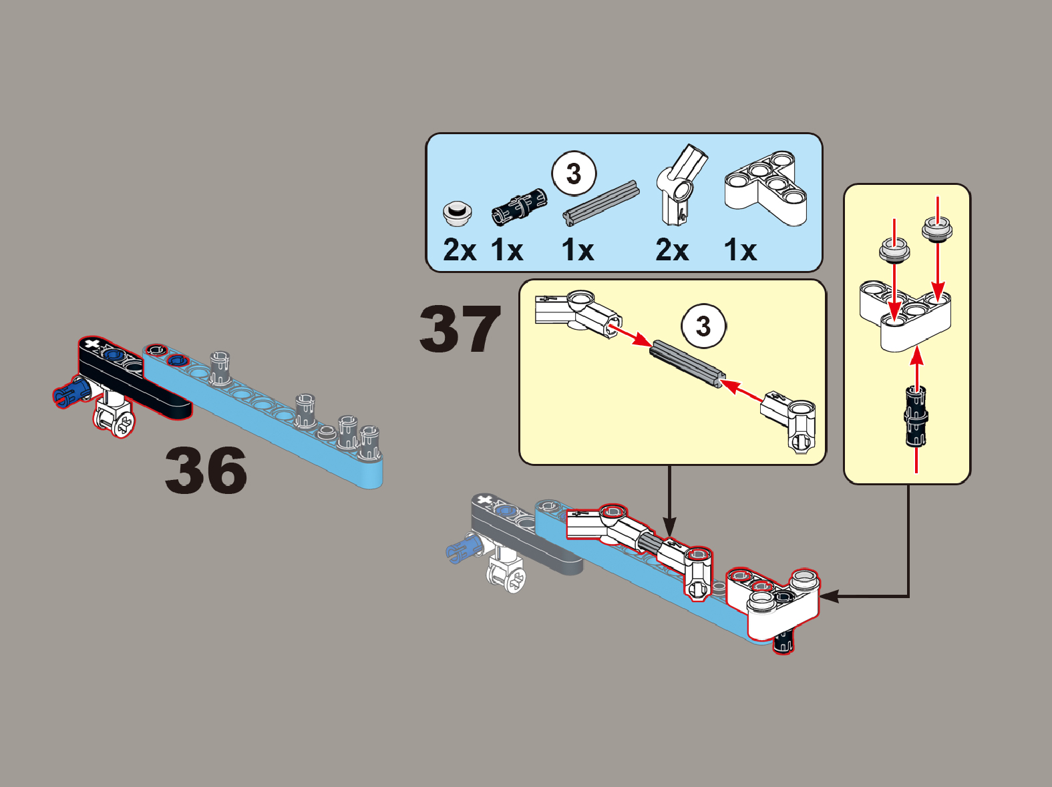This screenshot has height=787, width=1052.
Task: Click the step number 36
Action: point(206,470)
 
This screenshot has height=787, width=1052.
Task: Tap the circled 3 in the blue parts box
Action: point(574,174)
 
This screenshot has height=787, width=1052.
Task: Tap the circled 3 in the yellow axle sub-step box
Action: point(703,326)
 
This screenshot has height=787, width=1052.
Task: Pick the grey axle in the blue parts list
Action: point(601,203)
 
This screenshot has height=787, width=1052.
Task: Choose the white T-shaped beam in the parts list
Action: point(766,188)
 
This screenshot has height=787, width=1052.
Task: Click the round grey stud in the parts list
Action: point(458,214)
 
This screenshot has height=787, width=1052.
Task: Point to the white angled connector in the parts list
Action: point(681,184)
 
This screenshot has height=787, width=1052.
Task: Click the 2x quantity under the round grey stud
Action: point(460,250)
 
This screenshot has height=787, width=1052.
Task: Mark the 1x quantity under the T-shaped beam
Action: point(741,250)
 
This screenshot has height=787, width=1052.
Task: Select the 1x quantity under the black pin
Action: point(507,250)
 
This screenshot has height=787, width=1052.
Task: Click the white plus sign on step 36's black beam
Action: point(91,344)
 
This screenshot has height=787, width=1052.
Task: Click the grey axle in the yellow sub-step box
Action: point(687,364)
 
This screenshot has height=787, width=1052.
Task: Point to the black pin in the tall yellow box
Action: point(916,416)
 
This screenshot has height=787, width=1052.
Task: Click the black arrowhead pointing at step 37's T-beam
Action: point(829,596)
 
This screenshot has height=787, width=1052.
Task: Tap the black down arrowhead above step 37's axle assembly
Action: point(669,527)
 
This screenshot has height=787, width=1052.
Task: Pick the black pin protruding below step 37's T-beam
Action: point(784,642)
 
